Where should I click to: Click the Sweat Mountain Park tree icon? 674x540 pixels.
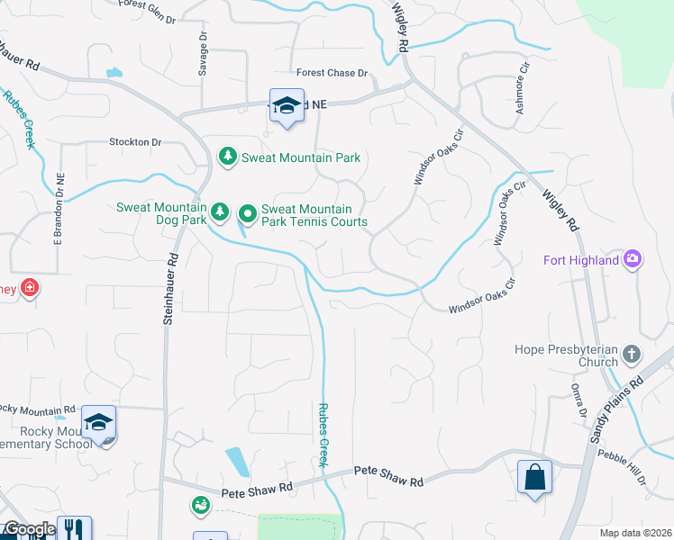point(229,157)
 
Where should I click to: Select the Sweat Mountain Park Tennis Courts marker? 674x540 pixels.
point(248,214)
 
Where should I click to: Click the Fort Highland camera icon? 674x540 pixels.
point(633,260)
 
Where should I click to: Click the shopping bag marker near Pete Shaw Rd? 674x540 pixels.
point(535,475)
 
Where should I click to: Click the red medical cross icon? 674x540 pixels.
point(30,288)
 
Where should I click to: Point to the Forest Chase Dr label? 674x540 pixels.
point(332,73)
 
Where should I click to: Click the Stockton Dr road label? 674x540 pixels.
point(135,142)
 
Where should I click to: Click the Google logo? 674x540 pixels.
point(29,529)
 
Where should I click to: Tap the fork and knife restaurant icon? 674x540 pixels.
point(74,530)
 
